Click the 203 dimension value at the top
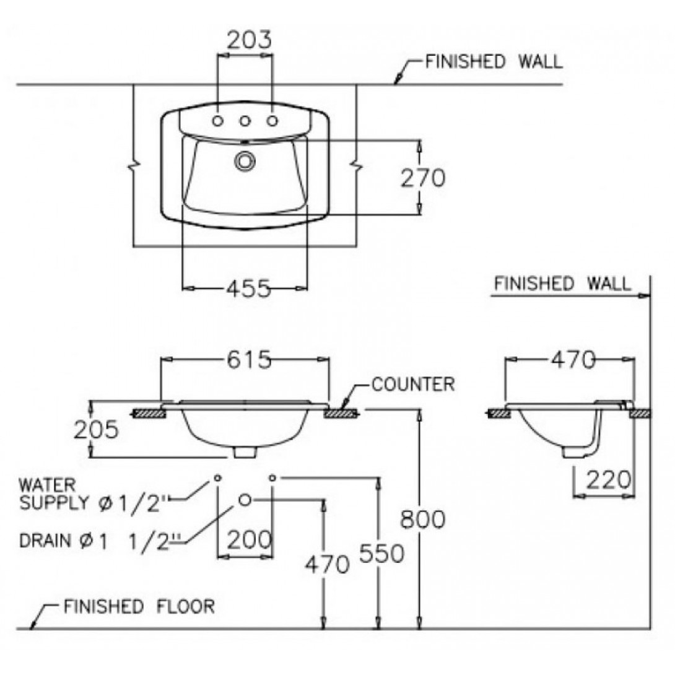[x=248, y=40]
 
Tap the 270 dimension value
[x=422, y=178]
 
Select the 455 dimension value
[x=246, y=288]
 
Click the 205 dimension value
[x=96, y=430]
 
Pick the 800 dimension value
[x=422, y=519]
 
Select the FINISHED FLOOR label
[x=139, y=606]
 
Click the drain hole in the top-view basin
[x=244, y=161]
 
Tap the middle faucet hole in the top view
[x=245, y=121]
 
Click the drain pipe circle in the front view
[x=245, y=499]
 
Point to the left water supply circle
[x=217, y=477]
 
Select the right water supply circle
[x=273, y=477]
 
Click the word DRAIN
[x=43, y=541]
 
